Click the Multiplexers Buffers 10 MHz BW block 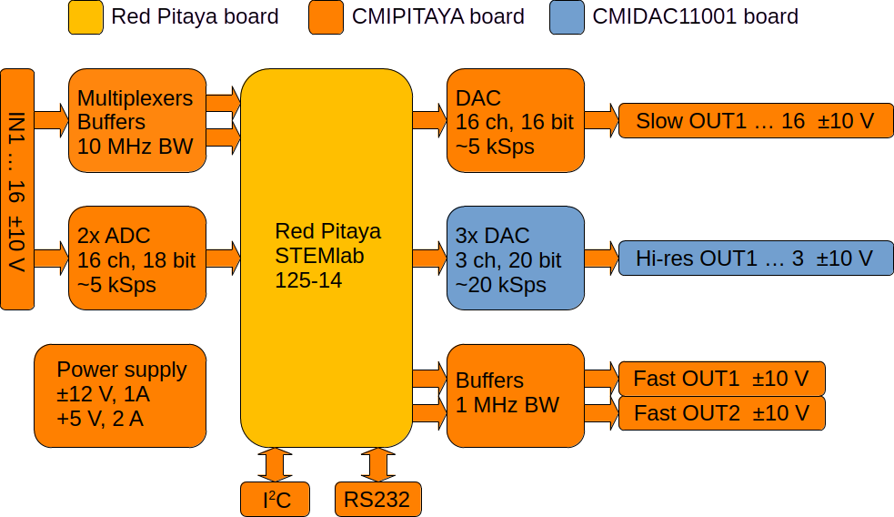(x=136, y=120)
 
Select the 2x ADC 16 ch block (x=136, y=258)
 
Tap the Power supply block (x=120, y=395)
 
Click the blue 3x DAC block (x=515, y=258)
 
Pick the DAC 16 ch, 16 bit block (x=515, y=120)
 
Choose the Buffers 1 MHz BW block (x=515, y=395)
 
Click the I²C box (x=275, y=499)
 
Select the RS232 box (x=377, y=499)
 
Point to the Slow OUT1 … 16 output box (x=754, y=120)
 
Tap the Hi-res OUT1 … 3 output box (x=754, y=258)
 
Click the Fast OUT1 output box (x=721, y=379)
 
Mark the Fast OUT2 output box (x=721, y=413)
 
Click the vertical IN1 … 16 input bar (x=18, y=188)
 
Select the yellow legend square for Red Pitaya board (x=86, y=17)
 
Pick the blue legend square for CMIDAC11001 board (x=567, y=17)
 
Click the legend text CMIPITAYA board (x=437, y=16)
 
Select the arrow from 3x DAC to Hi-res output (x=600, y=258)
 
